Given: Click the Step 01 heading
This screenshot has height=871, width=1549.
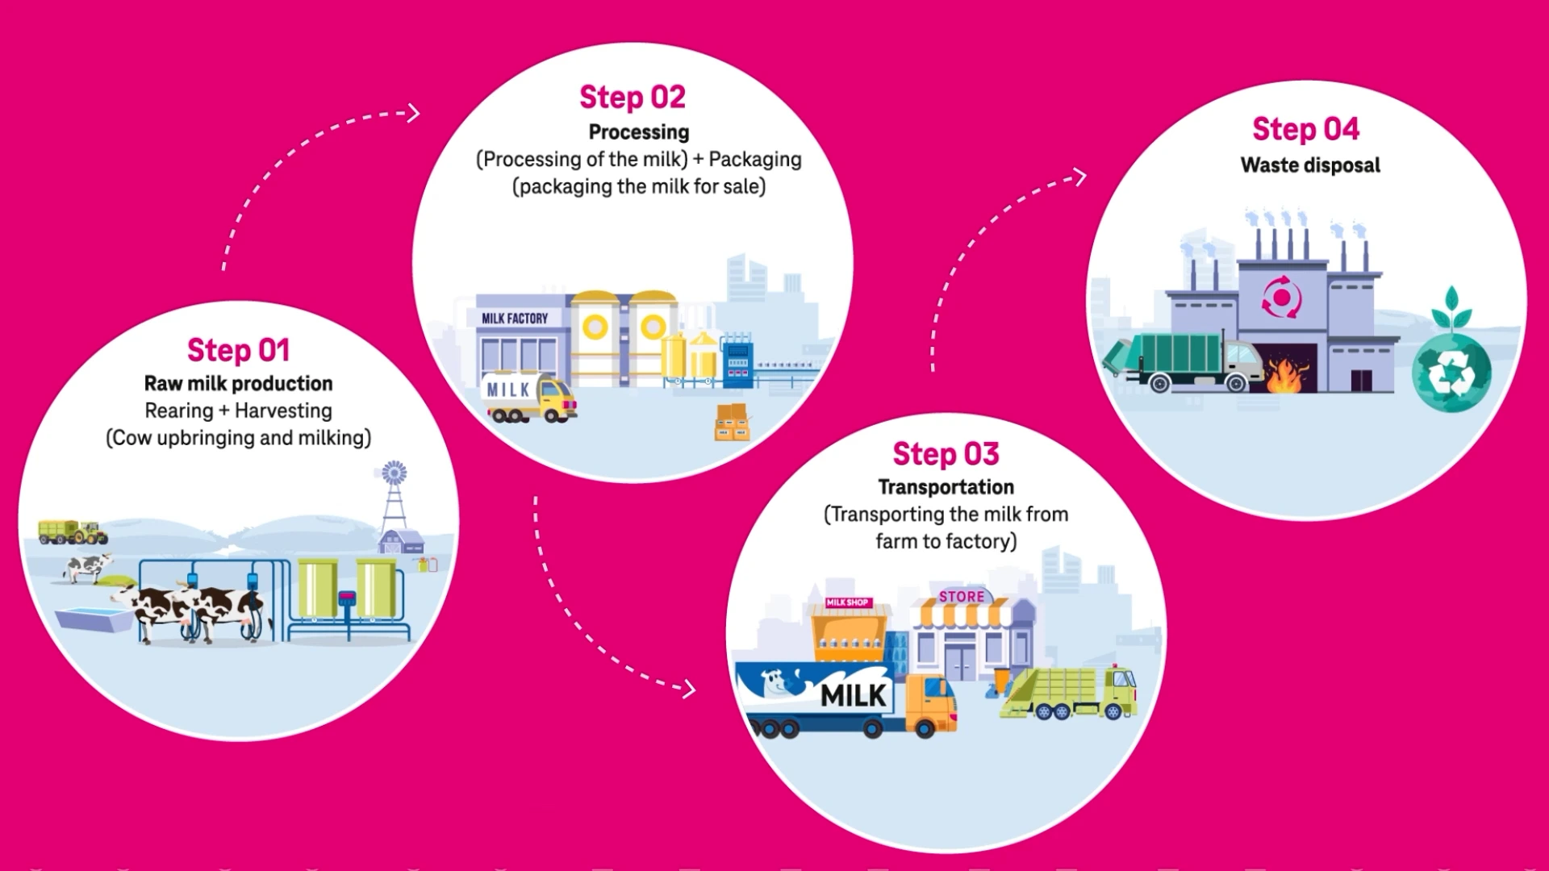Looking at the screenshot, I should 238,351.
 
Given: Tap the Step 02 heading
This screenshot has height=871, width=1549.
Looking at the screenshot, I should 633,98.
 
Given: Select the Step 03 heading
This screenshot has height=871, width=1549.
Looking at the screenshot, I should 946,454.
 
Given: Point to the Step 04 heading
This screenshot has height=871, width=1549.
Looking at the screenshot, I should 1305,129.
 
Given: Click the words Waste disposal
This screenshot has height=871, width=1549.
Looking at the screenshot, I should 1310,165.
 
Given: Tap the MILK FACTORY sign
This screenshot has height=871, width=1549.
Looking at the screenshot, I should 515,319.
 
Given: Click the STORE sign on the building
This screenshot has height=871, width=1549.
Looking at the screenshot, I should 962,597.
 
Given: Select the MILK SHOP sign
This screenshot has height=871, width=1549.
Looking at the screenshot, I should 847,602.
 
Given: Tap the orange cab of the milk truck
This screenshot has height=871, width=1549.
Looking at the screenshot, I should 932,702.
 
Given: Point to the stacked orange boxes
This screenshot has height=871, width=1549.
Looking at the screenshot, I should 732,423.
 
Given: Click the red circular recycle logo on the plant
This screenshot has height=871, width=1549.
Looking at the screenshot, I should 1281,298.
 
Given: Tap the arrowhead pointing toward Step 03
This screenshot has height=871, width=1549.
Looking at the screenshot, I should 688,689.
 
